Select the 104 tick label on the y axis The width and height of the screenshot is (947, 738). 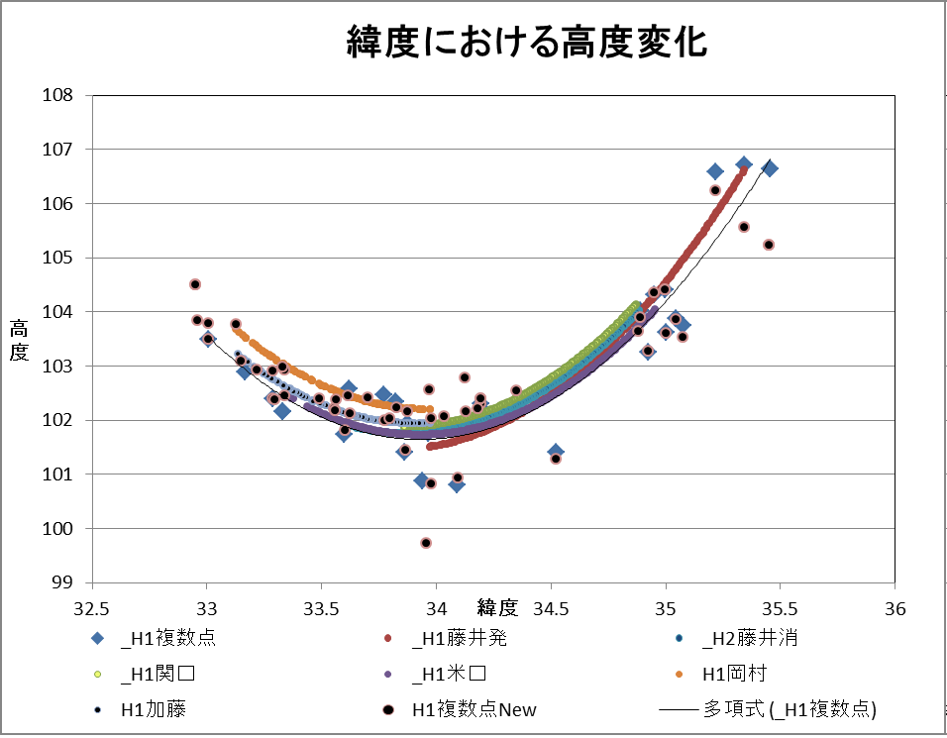point(61,312)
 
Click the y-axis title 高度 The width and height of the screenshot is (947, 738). point(19,339)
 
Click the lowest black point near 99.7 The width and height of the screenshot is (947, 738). point(426,543)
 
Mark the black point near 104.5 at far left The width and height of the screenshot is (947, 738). point(195,284)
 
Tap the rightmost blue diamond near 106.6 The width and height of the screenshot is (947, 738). point(770,168)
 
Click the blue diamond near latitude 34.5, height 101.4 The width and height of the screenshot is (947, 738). point(556,452)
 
